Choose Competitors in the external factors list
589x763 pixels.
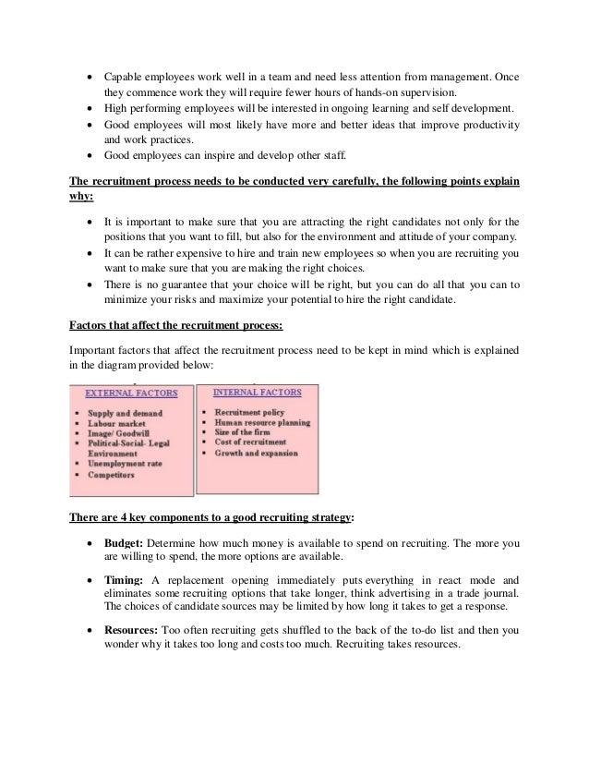112,475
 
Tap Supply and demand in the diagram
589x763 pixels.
125,412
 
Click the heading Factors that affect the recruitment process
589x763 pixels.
169,324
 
